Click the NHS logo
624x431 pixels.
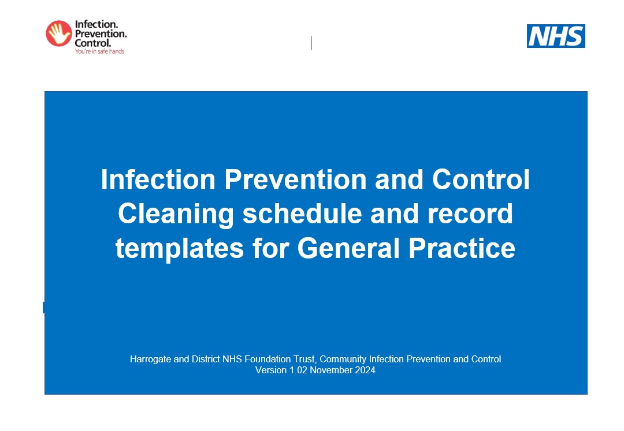[556, 36]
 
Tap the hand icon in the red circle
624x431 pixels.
[59, 33]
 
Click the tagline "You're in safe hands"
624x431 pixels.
[99, 51]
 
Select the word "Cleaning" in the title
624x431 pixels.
[176, 214]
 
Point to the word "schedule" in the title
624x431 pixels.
[302, 213]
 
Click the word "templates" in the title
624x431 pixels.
[180, 249]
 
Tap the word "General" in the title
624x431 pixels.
[348, 248]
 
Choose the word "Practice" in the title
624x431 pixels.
[462, 248]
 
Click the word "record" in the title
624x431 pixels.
[470, 213]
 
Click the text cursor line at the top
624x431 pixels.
[311, 43]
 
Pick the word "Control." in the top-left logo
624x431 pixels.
[93, 43]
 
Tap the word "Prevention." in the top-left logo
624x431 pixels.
[101, 33]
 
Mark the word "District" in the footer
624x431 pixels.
[206, 359]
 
